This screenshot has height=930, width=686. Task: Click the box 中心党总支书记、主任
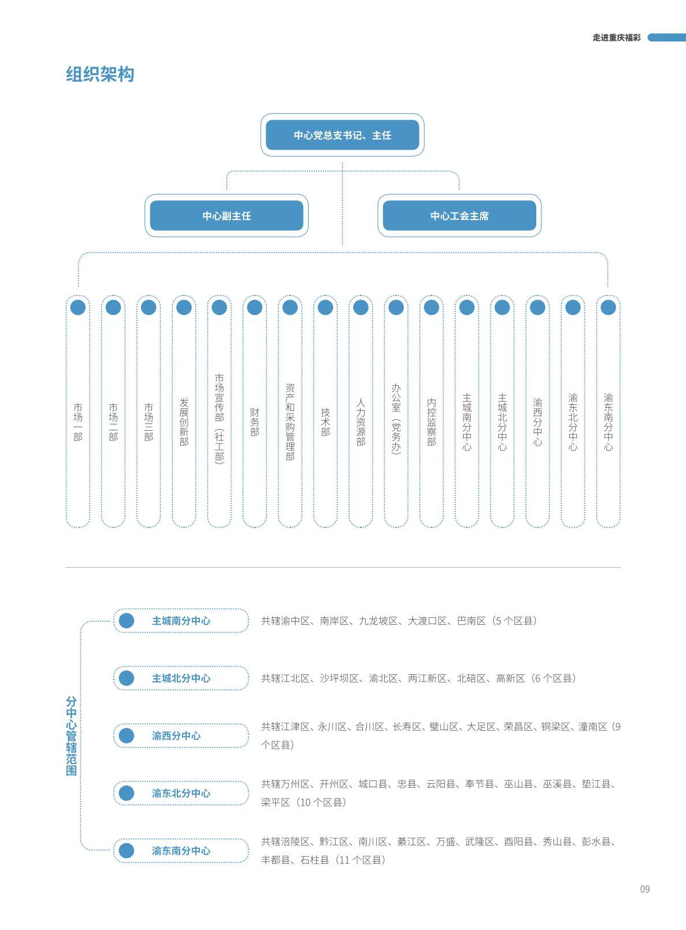click(342, 135)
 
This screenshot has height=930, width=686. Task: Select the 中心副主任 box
click(226, 215)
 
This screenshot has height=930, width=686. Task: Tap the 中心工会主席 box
click(459, 215)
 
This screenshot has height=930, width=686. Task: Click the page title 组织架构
click(100, 74)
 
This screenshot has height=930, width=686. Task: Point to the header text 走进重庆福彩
click(617, 38)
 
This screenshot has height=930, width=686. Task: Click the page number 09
click(645, 889)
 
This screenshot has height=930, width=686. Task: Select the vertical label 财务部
click(255, 422)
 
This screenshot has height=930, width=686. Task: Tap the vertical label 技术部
click(325, 422)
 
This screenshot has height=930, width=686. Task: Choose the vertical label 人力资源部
click(361, 422)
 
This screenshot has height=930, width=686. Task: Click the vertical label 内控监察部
click(431, 422)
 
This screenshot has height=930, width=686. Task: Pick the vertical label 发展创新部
click(184, 422)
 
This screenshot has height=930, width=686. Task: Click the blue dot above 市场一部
click(78, 308)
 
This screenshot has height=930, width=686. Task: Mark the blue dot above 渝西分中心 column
click(538, 308)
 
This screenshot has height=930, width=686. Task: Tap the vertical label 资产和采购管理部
click(290, 422)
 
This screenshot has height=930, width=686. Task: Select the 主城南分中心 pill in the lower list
click(181, 621)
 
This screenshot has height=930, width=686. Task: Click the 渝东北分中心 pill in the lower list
click(181, 793)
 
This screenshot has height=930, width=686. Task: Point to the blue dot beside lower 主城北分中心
click(126, 678)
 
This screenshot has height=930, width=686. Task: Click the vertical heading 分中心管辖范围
click(71, 736)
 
